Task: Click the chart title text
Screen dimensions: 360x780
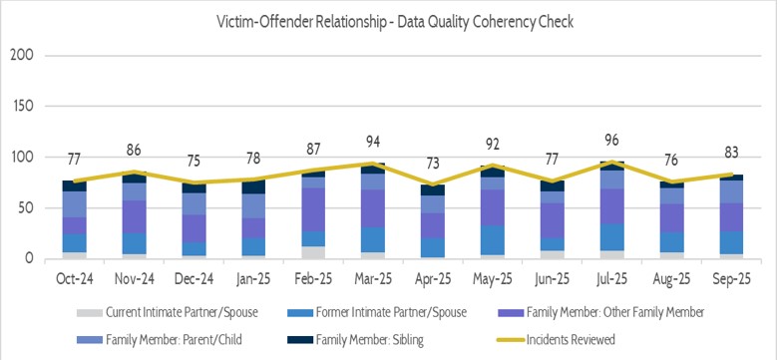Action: [390, 20]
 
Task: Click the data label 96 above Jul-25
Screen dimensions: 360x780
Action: [608, 142]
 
